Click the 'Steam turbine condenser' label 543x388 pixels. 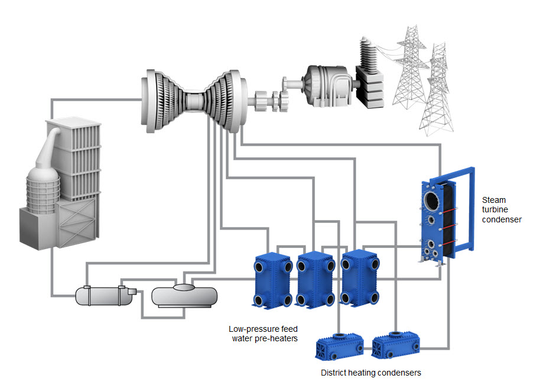(x=502, y=209)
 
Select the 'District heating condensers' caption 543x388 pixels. (x=370, y=373)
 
